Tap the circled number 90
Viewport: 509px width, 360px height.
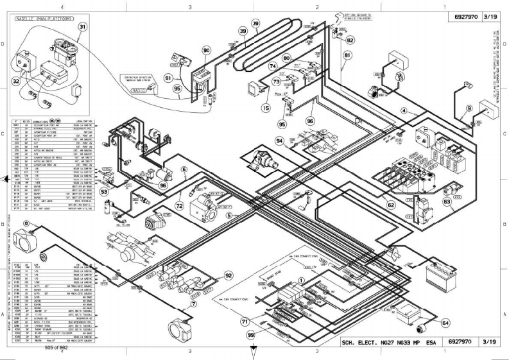tap(206, 51)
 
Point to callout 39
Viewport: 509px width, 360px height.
tap(243, 31)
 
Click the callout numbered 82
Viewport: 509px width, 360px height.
tap(350, 39)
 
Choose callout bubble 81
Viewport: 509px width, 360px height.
tap(347, 55)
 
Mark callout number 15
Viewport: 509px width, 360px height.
tap(265, 108)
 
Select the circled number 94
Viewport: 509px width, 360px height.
tap(279, 140)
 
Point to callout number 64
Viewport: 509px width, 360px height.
tap(445, 323)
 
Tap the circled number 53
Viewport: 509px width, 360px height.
tap(104, 191)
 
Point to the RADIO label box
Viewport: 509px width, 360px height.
tap(139, 91)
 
